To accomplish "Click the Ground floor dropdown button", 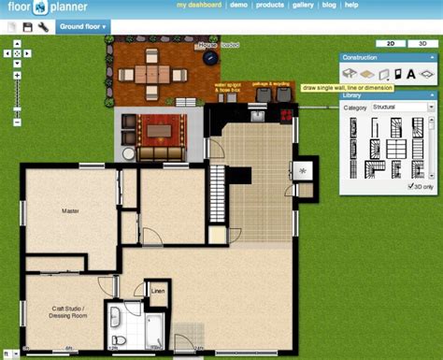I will pos(82,26).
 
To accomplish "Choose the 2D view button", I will pos(390,43).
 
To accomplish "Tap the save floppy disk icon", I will pos(28,27).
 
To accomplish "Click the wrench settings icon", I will pos(44,27).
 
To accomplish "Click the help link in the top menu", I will pos(350,5).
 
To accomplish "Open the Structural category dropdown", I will pos(403,108).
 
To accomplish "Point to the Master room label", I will pos(70,211).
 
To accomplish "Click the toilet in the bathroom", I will pos(118,338).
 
